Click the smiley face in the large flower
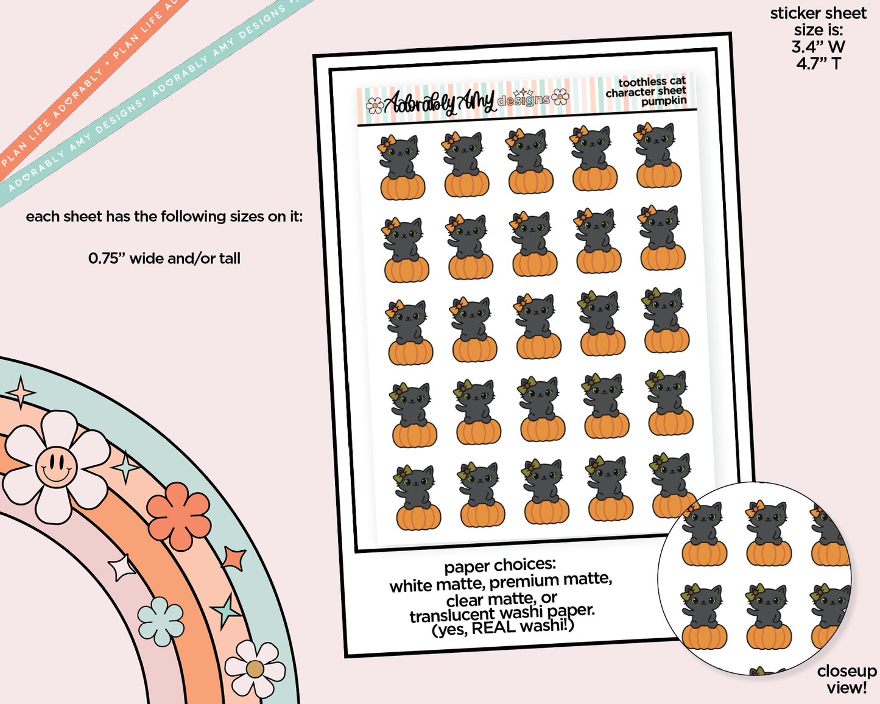[x=57, y=466]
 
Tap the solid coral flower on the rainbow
[x=179, y=516]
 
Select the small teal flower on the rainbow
[x=161, y=621]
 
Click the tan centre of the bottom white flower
[x=255, y=669]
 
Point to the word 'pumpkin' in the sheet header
[x=663, y=100]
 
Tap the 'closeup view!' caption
[x=847, y=679]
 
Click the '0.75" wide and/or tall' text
[x=164, y=258]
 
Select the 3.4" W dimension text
[x=818, y=47]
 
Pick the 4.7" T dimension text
[x=818, y=64]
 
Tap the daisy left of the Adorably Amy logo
[x=375, y=105]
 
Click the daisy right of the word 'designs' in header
[x=560, y=97]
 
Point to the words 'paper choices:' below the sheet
[x=500, y=566]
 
